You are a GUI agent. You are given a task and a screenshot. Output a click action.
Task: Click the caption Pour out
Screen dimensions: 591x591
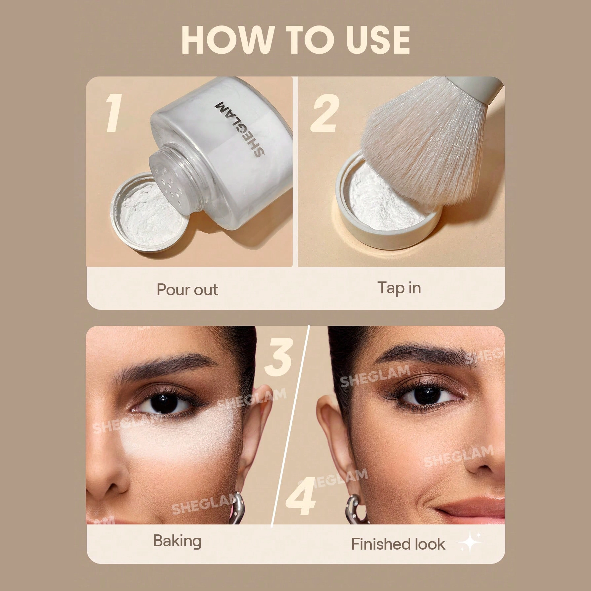187,290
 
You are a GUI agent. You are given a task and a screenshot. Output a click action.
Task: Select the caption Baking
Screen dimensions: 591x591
177,541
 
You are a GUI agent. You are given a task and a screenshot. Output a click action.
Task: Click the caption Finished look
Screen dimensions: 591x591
398,544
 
